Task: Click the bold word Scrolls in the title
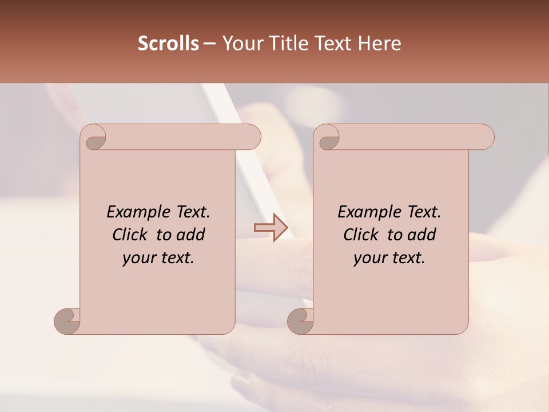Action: (169, 43)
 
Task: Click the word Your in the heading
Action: (242, 43)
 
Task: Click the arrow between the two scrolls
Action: (271, 228)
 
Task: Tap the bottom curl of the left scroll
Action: (66, 322)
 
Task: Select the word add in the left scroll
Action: (191, 235)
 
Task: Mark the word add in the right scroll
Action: (422, 235)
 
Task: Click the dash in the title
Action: (210, 43)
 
